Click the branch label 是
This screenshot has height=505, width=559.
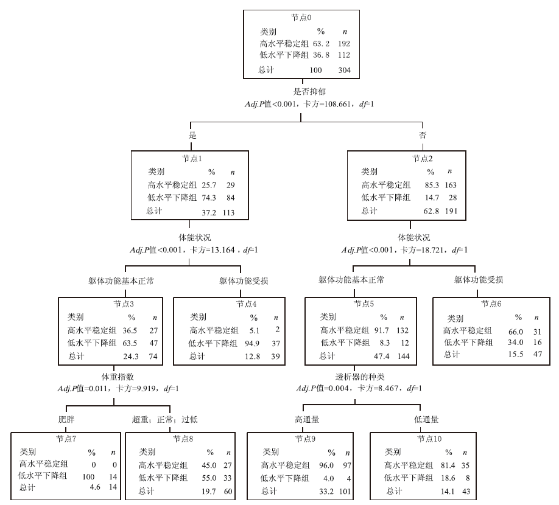click(x=192, y=134)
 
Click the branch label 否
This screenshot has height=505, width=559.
click(x=422, y=134)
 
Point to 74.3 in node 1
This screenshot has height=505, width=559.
click(x=209, y=197)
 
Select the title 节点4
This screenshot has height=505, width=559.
click(x=247, y=304)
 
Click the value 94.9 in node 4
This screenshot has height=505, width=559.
click(x=254, y=343)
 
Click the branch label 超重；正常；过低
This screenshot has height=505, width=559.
click(x=164, y=420)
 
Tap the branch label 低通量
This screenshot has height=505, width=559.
click(x=426, y=420)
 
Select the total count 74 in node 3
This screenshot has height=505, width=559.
click(x=153, y=356)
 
